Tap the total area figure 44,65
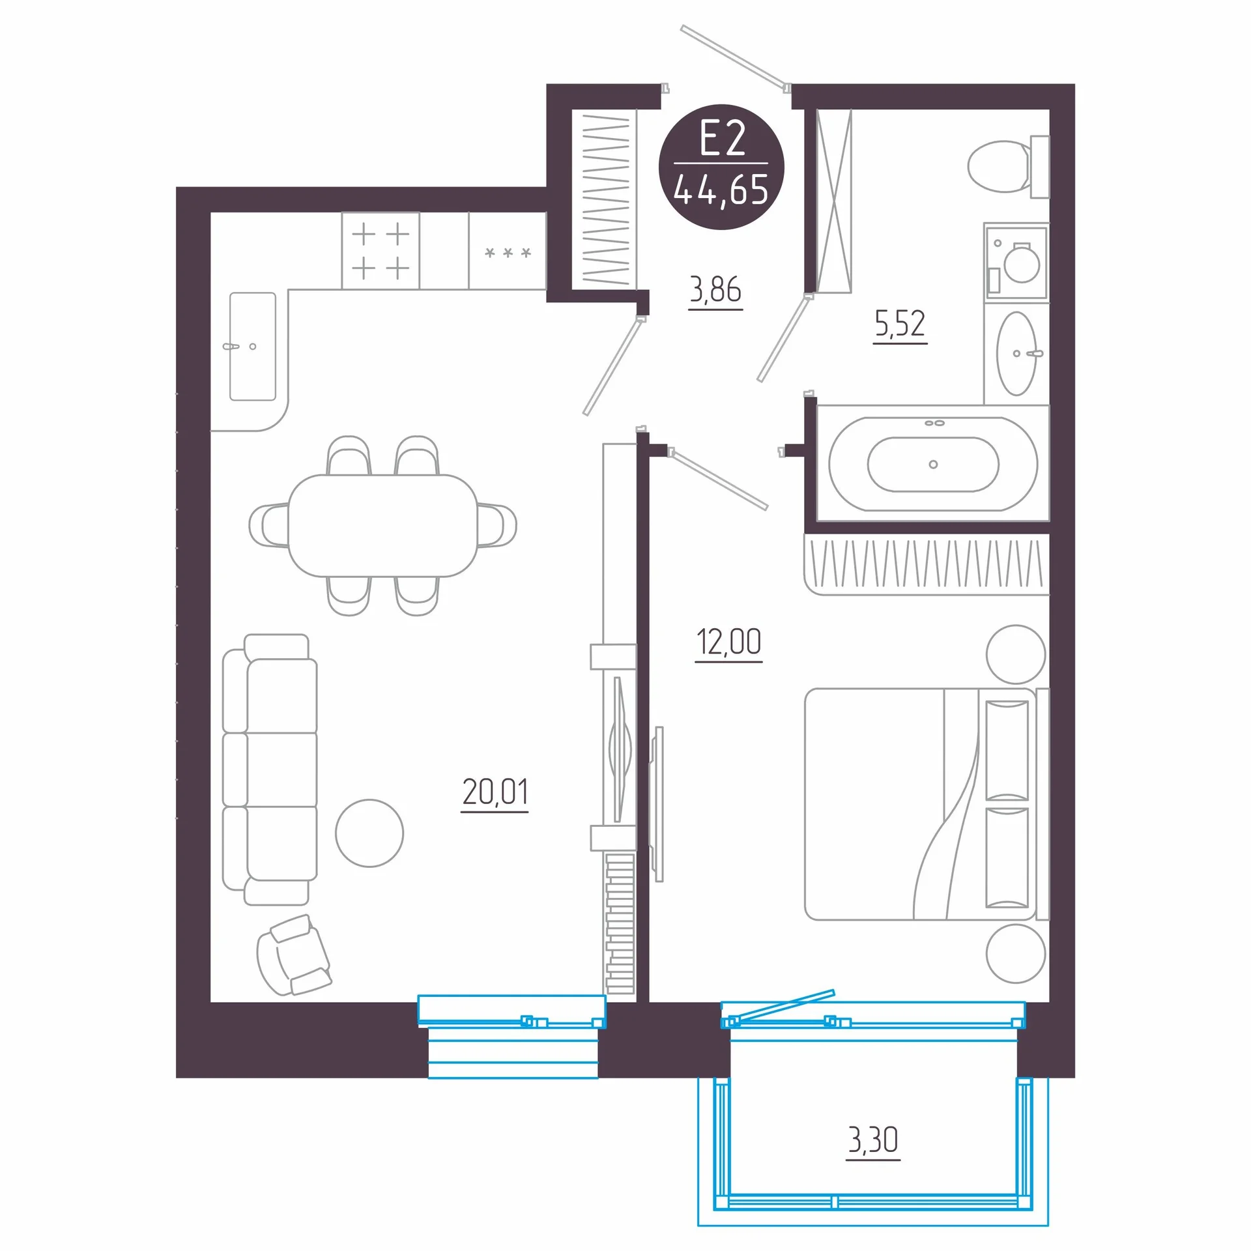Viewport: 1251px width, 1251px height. [x=721, y=190]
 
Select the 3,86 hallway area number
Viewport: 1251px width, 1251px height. [x=715, y=289]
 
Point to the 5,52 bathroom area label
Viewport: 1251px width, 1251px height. [x=900, y=324]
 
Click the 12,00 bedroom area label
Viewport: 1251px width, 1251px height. [x=728, y=642]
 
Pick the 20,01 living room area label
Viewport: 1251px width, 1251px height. [x=495, y=792]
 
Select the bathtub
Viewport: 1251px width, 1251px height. [x=933, y=463]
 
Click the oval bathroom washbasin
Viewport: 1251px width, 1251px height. [x=1016, y=354]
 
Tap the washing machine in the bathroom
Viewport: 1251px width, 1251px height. [x=1016, y=263]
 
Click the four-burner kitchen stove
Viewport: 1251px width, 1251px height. [x=381, y=251]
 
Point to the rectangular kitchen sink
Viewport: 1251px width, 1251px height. [x=253, y=346]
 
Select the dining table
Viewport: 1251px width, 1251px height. [x=383, y=526]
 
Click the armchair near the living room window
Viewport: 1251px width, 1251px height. [x=294, y=955]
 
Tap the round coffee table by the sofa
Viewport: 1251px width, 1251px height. [x=369, y=833]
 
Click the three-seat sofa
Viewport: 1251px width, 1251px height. [x=270, y=769]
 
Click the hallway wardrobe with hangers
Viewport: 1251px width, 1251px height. [x=605, y=198]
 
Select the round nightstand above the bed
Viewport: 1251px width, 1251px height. [x=1016, y=654]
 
